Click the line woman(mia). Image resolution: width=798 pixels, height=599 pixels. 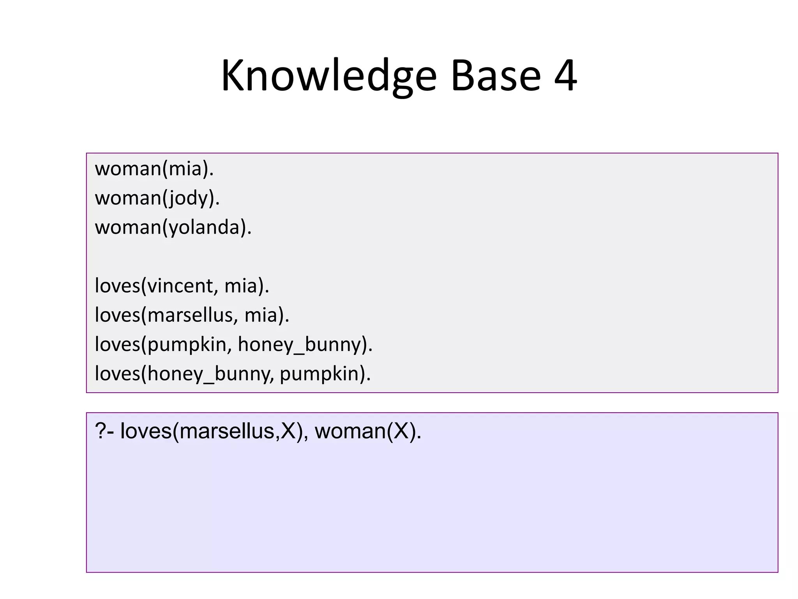[154, 169]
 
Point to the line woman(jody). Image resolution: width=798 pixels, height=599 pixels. [157, 198]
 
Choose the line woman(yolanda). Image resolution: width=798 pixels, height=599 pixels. [173, 227]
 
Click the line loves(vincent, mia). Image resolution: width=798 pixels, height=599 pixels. [182, 286]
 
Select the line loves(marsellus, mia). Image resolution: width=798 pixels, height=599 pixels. [192, 315]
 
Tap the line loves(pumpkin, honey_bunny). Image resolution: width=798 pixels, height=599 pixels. [233, 344]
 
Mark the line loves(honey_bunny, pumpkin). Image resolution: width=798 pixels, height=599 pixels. [233, 374]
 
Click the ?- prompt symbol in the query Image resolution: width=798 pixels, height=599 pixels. [104, 431]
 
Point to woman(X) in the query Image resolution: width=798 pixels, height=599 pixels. [368, 431]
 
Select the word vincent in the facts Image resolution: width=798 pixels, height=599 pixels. [180, 286]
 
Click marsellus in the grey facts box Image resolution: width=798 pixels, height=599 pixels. [190, 315]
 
